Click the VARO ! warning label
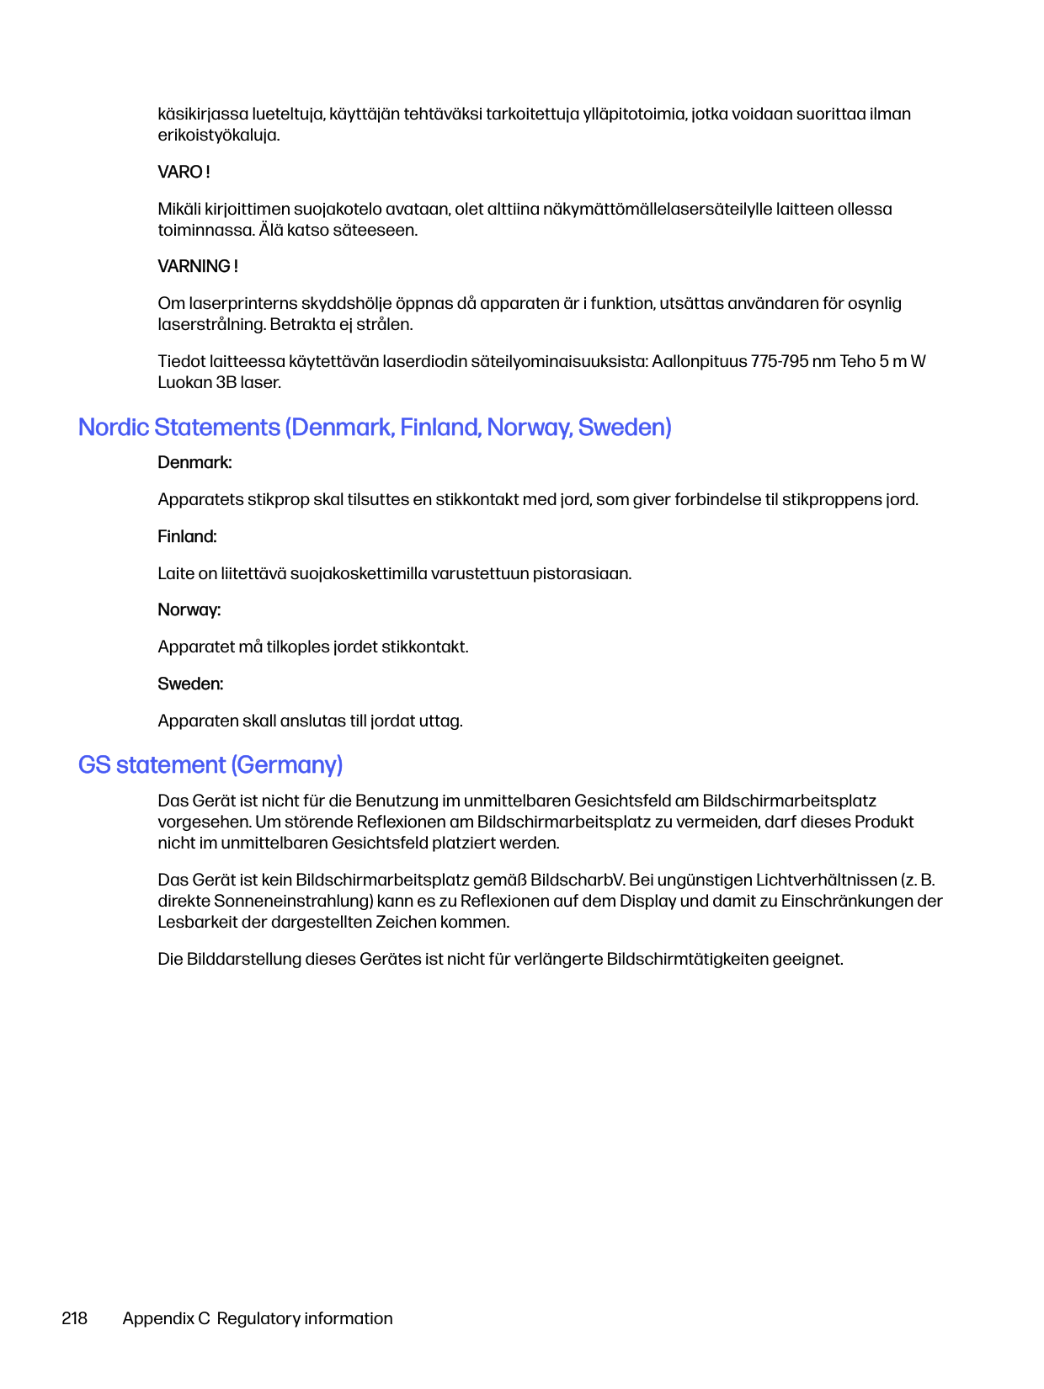point(184,172)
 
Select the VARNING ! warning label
point(198,266)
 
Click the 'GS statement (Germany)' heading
point(210,764)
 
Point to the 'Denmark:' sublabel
point(194,462)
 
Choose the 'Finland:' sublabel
point(187,536)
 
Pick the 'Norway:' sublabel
point(189,609)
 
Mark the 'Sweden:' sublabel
point(190,684)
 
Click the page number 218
point(74,1318)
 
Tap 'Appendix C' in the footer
point(166,1318)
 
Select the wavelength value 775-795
point(780,361)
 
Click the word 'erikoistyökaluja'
point(217,135)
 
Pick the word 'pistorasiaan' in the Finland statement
point(580,573)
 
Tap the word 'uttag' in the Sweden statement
point(443,721)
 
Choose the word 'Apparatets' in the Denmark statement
point(200,499)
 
